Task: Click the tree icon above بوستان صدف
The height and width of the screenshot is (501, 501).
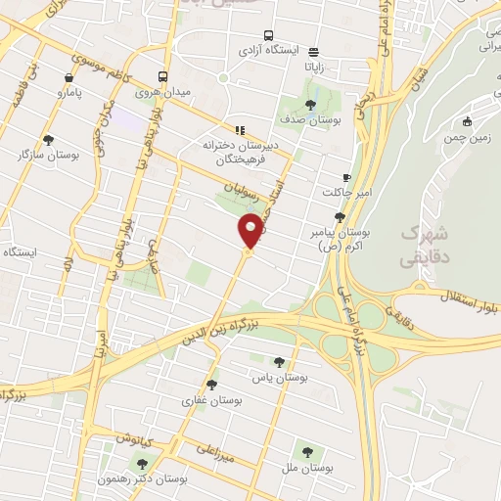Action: [x=310, y=104]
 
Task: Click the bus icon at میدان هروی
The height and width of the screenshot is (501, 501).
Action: [x=162, y=77]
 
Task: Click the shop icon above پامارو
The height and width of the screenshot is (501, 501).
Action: [x=68, y=77]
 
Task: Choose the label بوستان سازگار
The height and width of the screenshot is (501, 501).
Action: [x=48, y=155]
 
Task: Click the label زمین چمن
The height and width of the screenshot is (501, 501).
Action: [x=468, y=138]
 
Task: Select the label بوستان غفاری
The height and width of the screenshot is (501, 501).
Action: [x=212, y=400]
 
